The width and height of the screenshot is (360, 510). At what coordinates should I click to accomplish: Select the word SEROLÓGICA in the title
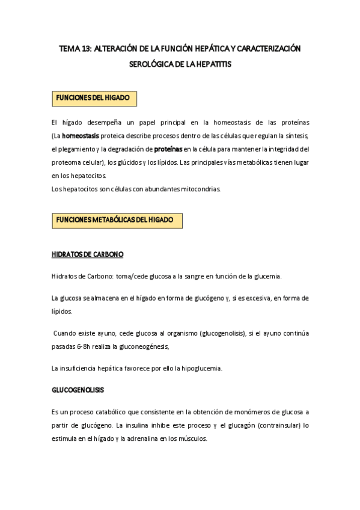(x=150, y=63)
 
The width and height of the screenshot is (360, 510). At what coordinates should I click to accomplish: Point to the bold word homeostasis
(x=81, y=135)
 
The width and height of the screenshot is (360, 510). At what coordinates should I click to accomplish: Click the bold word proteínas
(x=167, y=149)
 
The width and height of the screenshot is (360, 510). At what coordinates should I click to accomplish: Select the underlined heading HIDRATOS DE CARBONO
(x=88, y=255)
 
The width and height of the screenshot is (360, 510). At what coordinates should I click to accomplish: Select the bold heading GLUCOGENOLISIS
(x=78, y=390)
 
